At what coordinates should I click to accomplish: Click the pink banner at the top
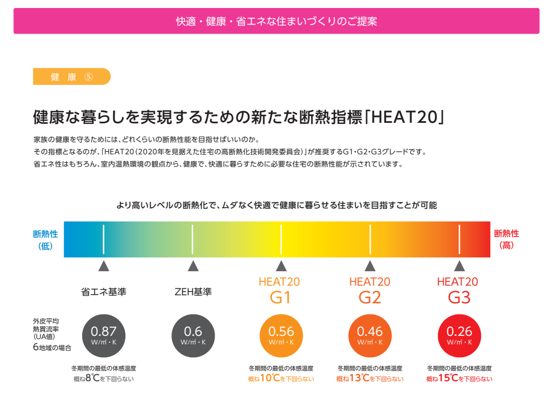tap(276, 21)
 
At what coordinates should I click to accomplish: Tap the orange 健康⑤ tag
tap(72, 77)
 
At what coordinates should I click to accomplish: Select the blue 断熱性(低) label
tap(45, 240)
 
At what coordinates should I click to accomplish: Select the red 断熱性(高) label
tap(506, 240)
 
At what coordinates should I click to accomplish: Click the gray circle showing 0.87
tap(104, 335)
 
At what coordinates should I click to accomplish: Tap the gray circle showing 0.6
tap(193, 335)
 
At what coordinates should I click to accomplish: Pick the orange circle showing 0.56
tap(281, 335)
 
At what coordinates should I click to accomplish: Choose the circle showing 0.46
tap(370, 335)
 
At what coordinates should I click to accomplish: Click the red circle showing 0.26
tap(459, 335)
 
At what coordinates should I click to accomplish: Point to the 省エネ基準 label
tap(104, 292)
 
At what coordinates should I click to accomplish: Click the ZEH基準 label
tap(193, 292)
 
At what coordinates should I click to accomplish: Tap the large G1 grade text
tap(280, 297)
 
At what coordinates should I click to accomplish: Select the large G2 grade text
tap(369, 297)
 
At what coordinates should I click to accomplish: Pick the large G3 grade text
tap(459, 297)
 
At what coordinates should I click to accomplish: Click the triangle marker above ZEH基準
tap(193, 266)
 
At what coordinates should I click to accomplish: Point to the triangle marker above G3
tap(459, 266)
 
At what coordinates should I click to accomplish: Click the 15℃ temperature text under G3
tap(448, 379)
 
